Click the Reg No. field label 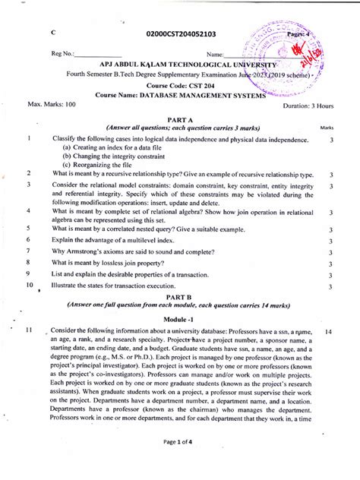point(64,54)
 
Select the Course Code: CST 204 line point(179,85)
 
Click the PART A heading point(179,120)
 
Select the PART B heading point(179,297)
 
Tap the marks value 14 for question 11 point(328,333)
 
